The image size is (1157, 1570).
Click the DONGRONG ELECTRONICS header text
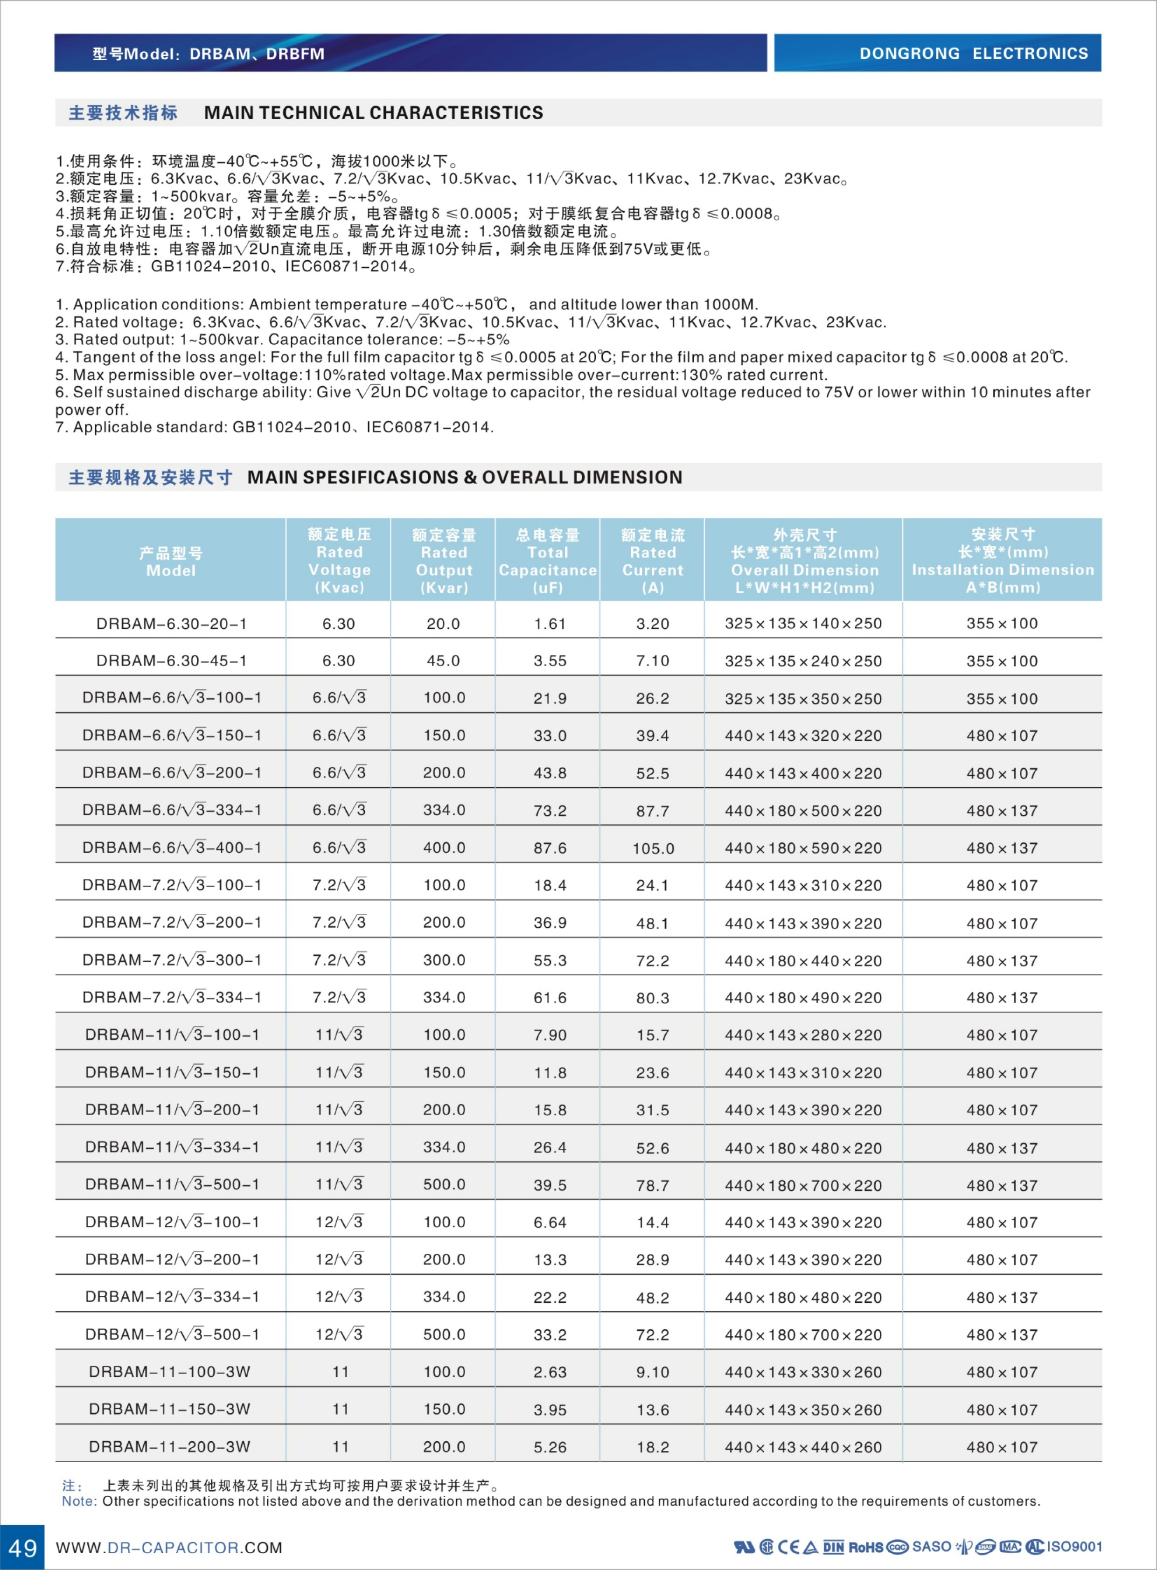click(974, 53)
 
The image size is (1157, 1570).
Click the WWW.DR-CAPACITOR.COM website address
click(169, 1548)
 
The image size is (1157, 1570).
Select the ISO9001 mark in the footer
click(1074, 1546)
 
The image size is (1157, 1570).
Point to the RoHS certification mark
click(865, 1547)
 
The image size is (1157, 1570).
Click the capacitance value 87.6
click(550, 848)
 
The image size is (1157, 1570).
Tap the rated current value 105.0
click(653, 848)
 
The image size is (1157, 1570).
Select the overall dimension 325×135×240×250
click(803, 660)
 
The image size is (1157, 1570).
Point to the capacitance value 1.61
click(550, 623)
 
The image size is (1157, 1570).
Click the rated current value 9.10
click(653, 1372)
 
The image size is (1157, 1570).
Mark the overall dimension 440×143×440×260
click(803, 1447)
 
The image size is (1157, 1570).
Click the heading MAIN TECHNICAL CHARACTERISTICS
click(373, 113)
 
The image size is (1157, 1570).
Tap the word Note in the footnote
click(78, 1501)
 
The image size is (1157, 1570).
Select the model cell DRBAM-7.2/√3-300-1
click(172, 960)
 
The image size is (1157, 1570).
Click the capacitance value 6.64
click(550, 1222)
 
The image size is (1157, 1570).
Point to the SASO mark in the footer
click(932, 1546)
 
